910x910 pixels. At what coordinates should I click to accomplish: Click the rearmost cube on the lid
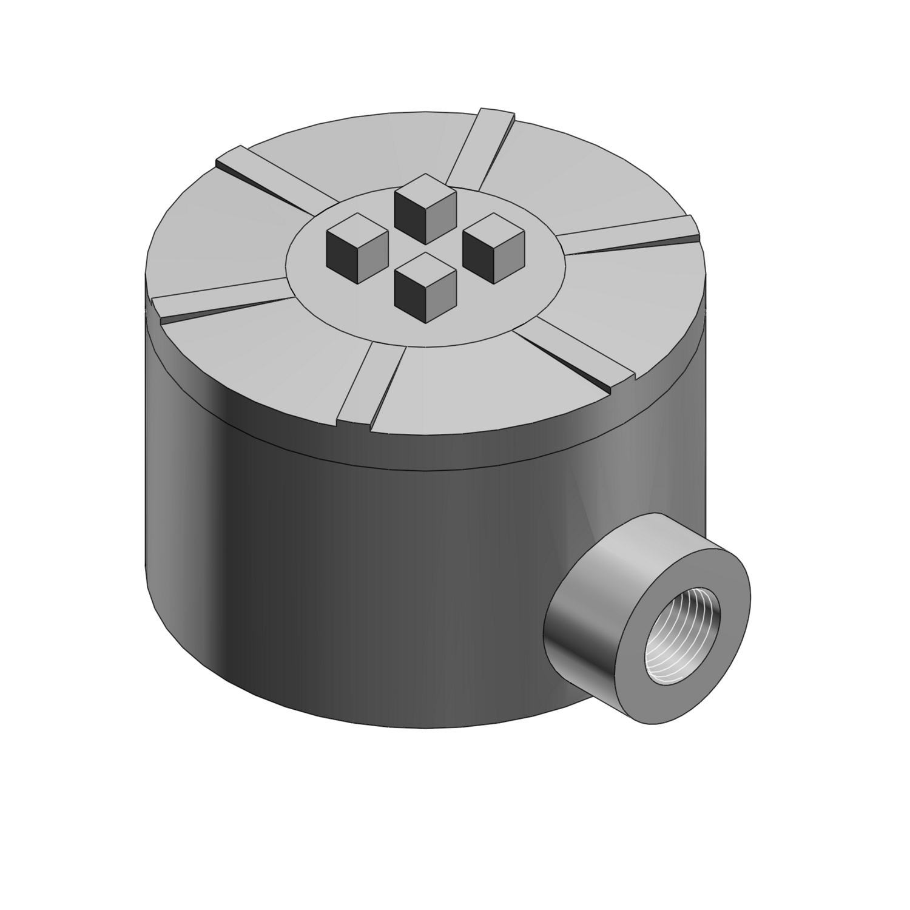click(425, 206)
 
